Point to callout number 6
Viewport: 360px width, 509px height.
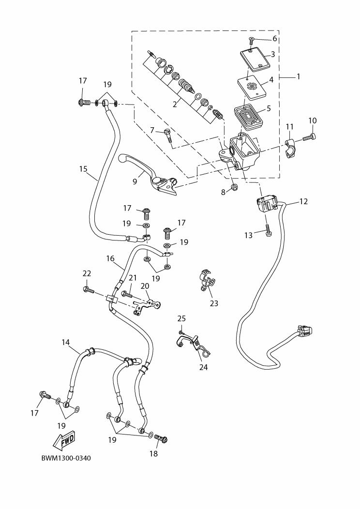[x=274, y=38]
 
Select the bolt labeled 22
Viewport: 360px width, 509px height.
[x=89, y=290]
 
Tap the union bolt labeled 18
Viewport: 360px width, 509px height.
[x=161, y=439]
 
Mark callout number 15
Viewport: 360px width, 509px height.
[x=84, y=169]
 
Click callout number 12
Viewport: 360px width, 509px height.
[x=303, y=201]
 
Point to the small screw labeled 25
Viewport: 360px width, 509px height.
[x=181, y=332]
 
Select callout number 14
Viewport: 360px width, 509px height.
[x=66, y=342]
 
